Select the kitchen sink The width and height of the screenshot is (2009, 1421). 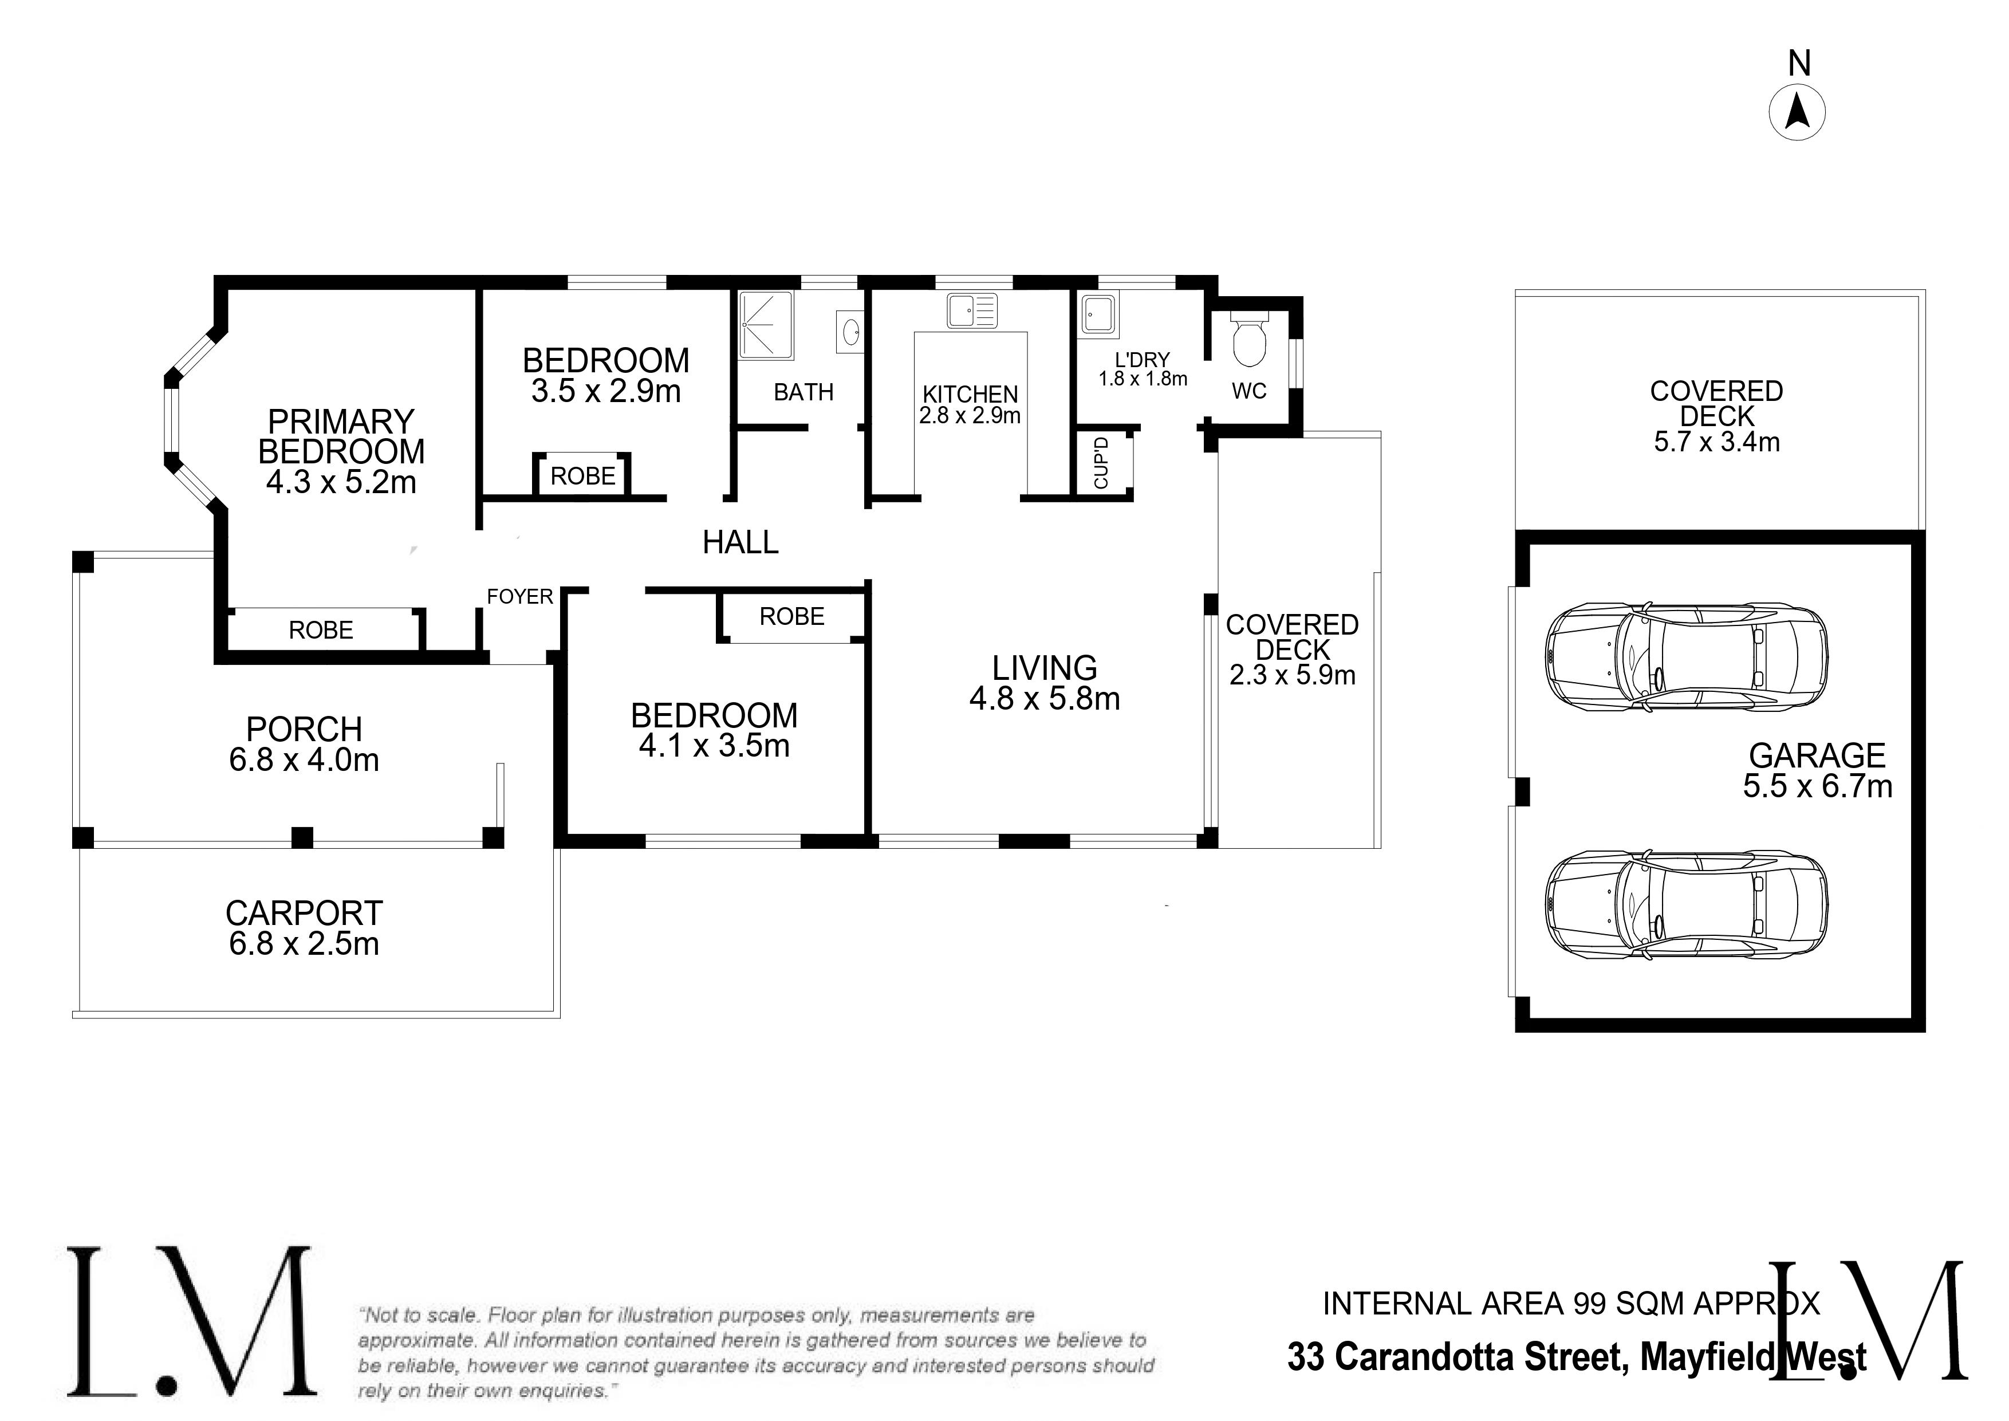(x=971, y=310)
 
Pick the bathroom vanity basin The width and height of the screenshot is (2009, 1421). (x=850, y=333)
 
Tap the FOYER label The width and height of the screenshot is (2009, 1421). (x=520, y=597)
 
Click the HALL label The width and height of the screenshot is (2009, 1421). (x=740, y=542)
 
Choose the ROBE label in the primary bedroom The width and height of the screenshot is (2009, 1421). (x=321, y=630)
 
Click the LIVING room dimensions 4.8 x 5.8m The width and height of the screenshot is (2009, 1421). (x=1045, y=698)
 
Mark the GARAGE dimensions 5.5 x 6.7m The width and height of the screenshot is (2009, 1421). (x=1817, y=786)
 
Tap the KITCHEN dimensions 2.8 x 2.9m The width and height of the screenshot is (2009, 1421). (x=970, y=416)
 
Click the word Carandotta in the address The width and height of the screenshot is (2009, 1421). (x=1482, y=1357)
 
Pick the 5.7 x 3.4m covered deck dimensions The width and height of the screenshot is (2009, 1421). (x=1717, y=442)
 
